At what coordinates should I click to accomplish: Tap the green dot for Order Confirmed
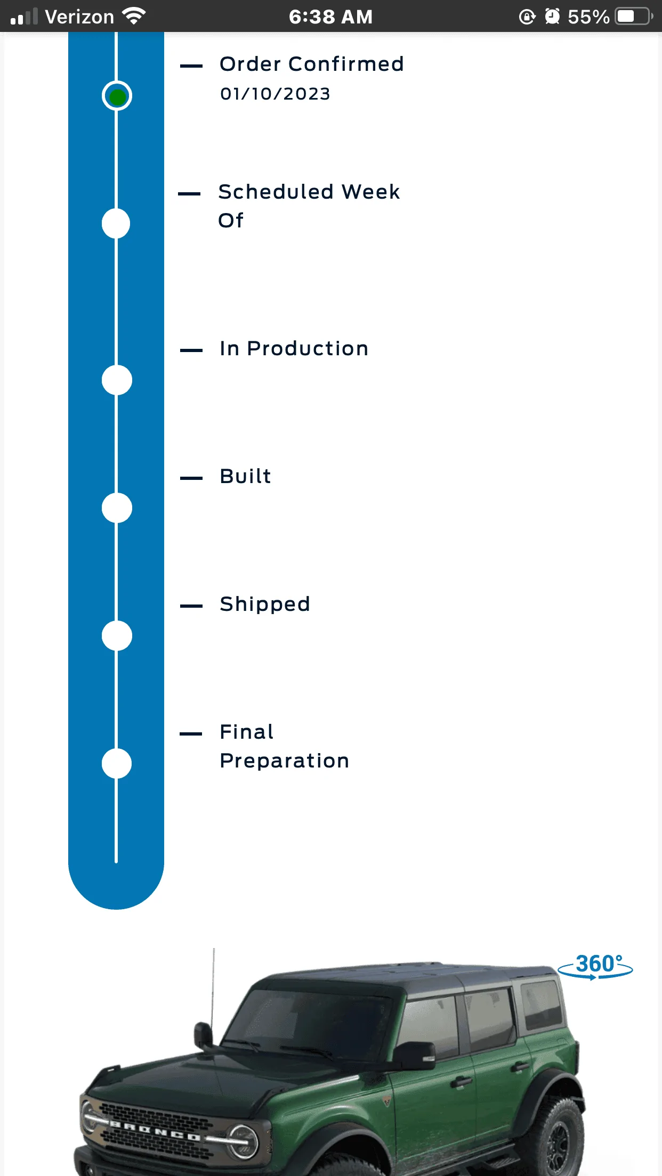[x=117, y=96]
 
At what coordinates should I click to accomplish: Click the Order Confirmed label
[x=312, y=64]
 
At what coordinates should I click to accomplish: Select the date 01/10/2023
[x=275, y=94]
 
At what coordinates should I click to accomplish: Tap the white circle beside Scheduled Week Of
[x=116, y=223]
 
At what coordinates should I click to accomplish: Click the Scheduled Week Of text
[x=309, y=206]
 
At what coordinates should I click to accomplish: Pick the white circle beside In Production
[x=117, y=380]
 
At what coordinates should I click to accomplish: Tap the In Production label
[x=294, y=348]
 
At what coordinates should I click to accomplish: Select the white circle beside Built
[x=117, y=508]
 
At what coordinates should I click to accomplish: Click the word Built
[x=246, y=476]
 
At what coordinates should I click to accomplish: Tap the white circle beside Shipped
[x=117, y=635]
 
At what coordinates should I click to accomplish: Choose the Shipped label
[x=265, y=605]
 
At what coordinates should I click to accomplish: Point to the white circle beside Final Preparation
[x=117, y=763]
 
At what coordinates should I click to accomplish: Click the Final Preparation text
[x=285, y=746]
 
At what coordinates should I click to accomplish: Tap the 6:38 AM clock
[x=330, y=17]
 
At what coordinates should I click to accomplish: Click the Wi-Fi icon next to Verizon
[x=134, y=16]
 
